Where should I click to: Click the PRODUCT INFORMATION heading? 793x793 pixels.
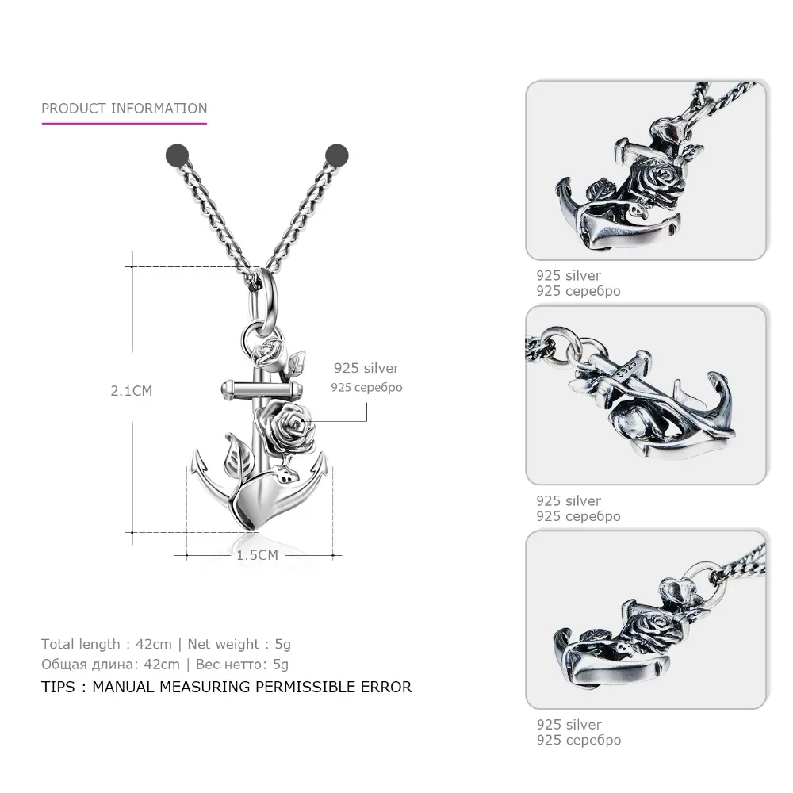click(x=124, y=109)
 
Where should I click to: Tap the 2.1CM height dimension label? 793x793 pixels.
click(x=132, y=390)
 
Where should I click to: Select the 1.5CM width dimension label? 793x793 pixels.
click(x=257, y=555)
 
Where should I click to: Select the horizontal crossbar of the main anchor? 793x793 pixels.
click(x=261, y=387)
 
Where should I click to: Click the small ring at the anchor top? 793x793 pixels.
click(x=254, y=328)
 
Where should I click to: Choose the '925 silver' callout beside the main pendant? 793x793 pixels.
click(x=366, y=368)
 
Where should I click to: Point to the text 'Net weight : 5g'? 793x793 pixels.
click(x=243, y=644)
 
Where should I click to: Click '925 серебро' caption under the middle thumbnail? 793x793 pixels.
click(x=578, y=516)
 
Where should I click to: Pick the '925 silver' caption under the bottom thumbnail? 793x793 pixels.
click(x=569, y=724)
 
